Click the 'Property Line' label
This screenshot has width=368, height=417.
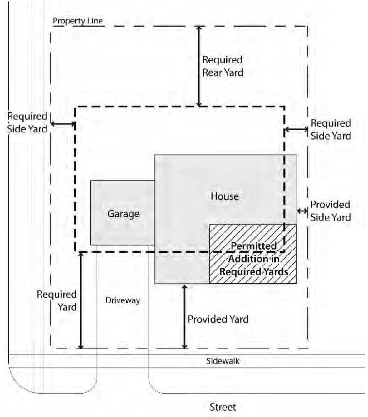pyautogui.click(x=78, y=21)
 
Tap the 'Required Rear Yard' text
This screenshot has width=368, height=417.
pyautogui.click(x=222, y=67)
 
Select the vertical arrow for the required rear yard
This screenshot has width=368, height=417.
pyautogui.click(x=199, y=66)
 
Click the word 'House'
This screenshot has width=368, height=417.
pyautogui.click(x=225, y=196)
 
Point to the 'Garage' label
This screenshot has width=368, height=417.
pyautogui.click(x=123, y=214)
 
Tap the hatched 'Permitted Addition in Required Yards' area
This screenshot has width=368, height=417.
pyautogui.click(x=252, y=258)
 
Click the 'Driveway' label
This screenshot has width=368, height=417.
pyautogui.click(x=122, y=300)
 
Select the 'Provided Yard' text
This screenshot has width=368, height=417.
pyautogui.click(x=218, y=319)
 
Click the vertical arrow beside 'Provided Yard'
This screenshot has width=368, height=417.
pyautogui.click(x=184, y=316)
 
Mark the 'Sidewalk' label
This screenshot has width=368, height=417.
pyautogui.click(x=222, y=361)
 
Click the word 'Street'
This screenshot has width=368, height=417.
pyautogui.click(x=222, y=407)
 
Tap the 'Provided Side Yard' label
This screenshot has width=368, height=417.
pyautogui.click(x=330, y=211)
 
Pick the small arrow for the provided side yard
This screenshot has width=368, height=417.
pyautogui.click(x=302, y=210)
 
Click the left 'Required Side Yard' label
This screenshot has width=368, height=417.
pyautogui.click(x=27, y=123)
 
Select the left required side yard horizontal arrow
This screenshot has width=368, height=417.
pyautogui.click(x=63, y=124)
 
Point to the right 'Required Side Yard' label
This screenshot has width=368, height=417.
pyautogui.click(x=331, y=130)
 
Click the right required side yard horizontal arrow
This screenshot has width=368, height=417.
pyautogui.click(x=296, y=129)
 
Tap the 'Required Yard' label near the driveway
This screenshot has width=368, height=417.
pyautogui.click(x=57, y=301)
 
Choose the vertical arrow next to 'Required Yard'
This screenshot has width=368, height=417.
pyautogui.click(x=81, y=300)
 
